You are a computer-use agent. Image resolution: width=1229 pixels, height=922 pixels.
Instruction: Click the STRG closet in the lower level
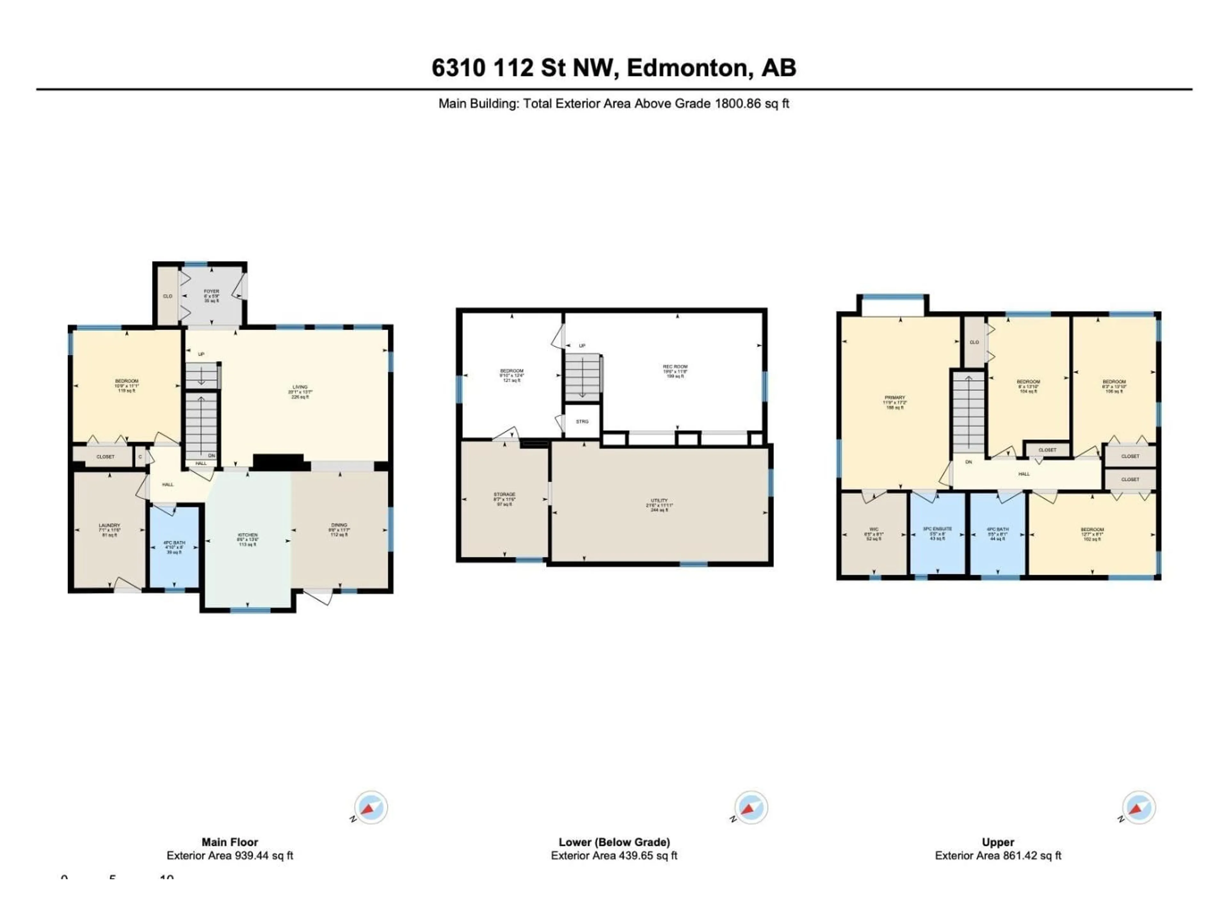pos(582,421)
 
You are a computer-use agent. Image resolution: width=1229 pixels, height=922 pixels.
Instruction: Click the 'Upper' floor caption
pos(998,842)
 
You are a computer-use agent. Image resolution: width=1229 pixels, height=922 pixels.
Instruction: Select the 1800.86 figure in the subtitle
pos(737,103)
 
